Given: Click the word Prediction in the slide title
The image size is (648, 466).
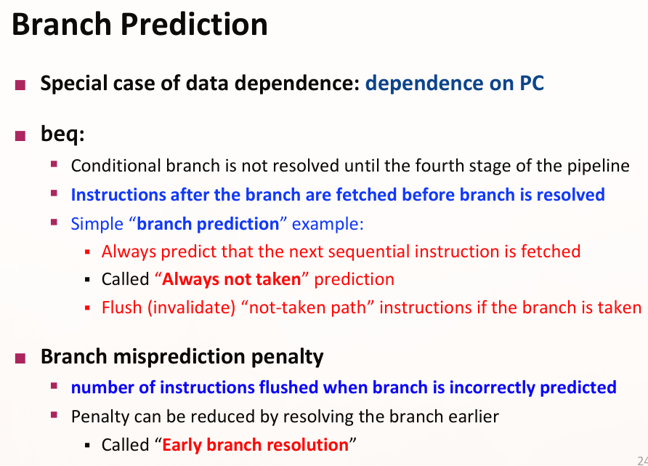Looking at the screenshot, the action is tap(194, 24).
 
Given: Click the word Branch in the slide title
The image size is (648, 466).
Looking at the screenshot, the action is tap(62, 24).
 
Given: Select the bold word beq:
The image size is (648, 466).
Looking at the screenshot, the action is tap(62, 134).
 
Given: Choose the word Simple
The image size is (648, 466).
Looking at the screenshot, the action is tap(97, 224).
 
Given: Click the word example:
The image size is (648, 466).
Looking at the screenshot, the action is tap(328, 224).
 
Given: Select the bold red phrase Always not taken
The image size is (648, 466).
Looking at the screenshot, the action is tap(232, 279).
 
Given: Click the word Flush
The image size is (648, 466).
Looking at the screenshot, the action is tap(122, 308).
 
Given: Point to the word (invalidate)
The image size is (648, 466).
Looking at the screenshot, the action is tap(192, 308).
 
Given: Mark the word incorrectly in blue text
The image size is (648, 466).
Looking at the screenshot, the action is tap(493, 388).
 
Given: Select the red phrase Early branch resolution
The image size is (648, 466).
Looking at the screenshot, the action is tap(256, 445).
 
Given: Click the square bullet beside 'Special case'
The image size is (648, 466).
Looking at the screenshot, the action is tap(20, 85).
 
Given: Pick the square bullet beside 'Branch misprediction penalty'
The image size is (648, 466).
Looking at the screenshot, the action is tap(20, 358).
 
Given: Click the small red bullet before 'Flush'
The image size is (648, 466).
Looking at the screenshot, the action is tap(87, 308).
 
